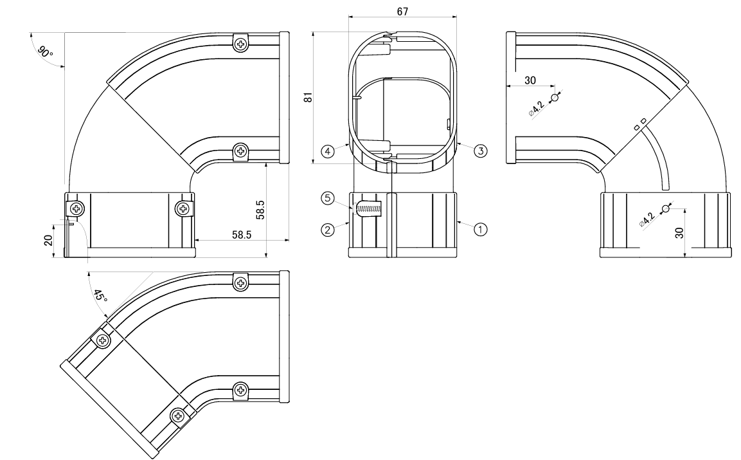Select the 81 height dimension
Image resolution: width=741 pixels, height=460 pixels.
click(308, 97)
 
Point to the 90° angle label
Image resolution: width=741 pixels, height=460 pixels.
click(45, 51)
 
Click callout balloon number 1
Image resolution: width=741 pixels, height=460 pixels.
click(481, 227)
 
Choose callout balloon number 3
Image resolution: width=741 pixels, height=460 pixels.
click(480, 151)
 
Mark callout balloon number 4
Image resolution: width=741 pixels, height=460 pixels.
click(327, 151)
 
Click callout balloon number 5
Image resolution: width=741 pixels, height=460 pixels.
click(327, 199)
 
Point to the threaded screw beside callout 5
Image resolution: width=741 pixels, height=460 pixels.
click(369, 209)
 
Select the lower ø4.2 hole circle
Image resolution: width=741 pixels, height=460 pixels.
click(665, 210)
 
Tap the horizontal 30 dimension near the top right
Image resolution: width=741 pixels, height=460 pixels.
click(530, 80)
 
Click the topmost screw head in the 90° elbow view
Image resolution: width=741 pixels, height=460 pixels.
click(241, 44)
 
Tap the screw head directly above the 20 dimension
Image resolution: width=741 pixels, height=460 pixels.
click(76, 208)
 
